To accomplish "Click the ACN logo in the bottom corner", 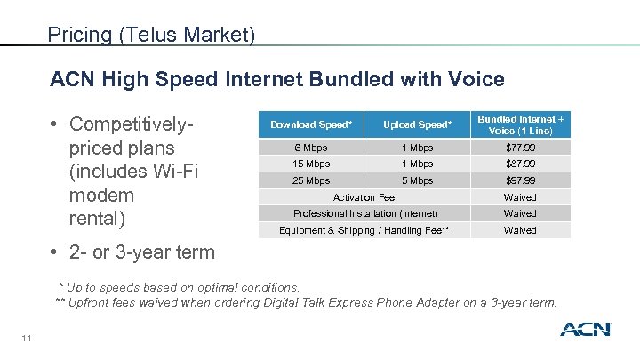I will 584,330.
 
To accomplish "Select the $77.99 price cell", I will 520,148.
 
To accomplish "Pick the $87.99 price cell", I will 520,164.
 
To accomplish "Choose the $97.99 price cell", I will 520,180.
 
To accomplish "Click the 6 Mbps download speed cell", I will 310,148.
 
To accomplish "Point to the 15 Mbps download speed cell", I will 310,164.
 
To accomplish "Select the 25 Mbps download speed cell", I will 310,180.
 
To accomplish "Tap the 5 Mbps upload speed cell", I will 417,180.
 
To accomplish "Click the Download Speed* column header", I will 310,124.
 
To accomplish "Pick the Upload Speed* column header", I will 417,124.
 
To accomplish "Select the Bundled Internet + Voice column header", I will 520,124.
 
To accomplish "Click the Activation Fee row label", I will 364,197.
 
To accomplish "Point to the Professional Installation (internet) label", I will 365,213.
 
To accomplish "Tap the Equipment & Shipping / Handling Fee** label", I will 364,230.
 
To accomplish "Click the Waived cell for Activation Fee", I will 520,197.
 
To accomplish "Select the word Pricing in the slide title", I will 79,36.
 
